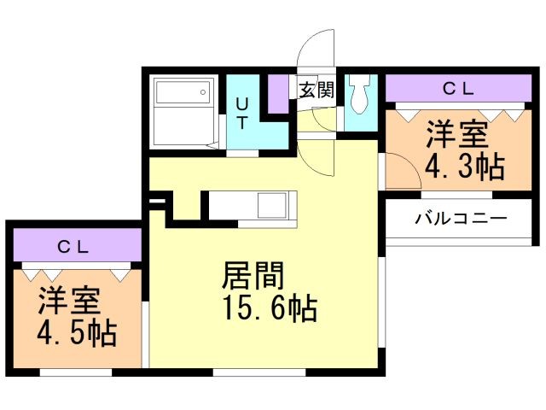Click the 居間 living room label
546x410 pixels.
pyautogui.click(x=253, y=276)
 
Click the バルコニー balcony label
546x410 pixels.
pyautogui.click(x=461, y=218)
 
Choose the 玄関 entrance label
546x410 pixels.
pyautogui.click(x=315, y=90)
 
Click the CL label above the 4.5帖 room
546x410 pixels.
pyautogui.click(x=73, y=247)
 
